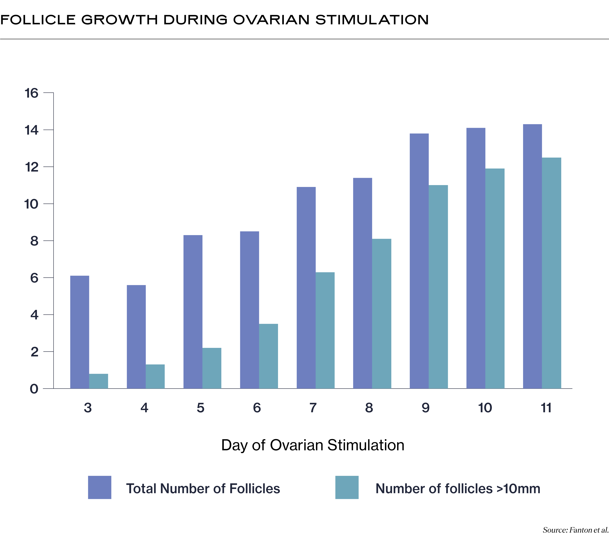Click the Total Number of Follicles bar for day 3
coord(80,332)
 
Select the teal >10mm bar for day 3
coord(99,381)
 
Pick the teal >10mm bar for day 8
coord(381,313)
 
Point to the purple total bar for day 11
coord(532,256)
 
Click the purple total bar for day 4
coord(136,337)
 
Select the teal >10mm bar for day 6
coord(268,356)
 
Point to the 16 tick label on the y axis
coord(31,93)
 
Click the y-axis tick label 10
coord(31,204)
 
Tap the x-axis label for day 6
coord(257,408)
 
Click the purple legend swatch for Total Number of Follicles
coord(100,487)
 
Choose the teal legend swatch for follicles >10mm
coord(347,487)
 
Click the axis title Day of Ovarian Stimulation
coord(313,445)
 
